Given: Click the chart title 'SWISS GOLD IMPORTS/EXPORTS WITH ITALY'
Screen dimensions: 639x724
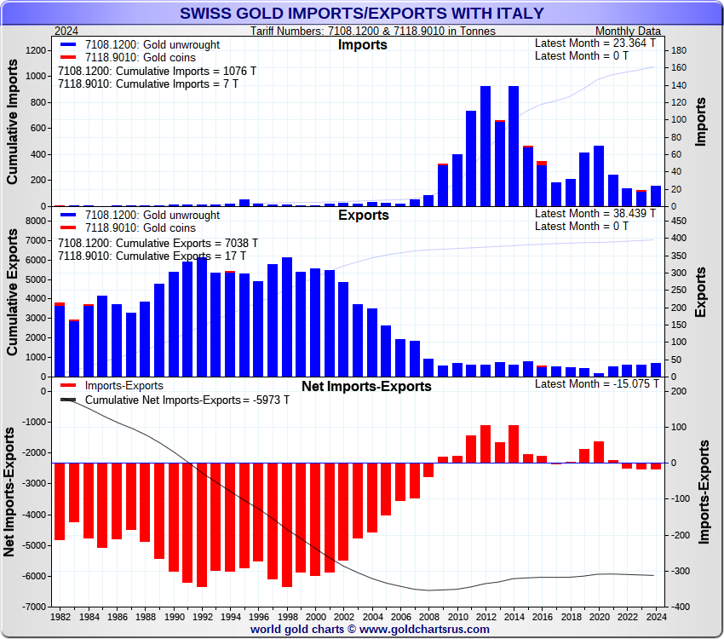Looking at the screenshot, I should (362, 14).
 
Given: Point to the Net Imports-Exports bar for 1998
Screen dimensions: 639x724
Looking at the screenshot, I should (287, 525).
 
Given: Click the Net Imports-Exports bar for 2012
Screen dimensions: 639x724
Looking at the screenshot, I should (486, 444).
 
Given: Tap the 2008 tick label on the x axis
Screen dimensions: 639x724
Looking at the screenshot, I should (428, 616).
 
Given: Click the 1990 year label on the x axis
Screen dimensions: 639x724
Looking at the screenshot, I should (174, 616).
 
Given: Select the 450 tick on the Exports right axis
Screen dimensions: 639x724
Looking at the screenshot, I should (674, 221).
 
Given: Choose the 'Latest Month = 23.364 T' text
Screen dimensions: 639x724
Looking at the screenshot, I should (595, 43).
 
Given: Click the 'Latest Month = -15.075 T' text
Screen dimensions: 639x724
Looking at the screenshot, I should (595, 384).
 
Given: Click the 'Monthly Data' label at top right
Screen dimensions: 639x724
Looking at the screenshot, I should (627, 31).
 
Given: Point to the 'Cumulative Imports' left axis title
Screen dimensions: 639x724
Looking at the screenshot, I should (13, 128).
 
